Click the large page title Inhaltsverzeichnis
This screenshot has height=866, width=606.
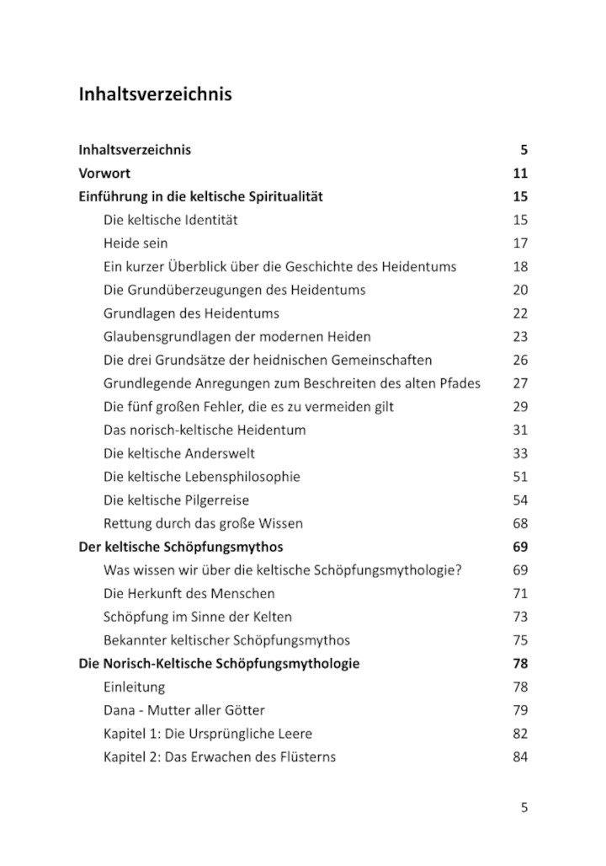point(155,94)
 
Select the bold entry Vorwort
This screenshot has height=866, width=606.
point(104,174)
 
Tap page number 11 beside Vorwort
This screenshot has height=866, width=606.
point(519,174)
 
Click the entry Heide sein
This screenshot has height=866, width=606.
point(136,243)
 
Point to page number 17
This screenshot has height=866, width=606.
point(519,243)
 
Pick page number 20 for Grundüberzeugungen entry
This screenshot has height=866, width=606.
point(519,290)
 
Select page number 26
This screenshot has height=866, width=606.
point(519,360)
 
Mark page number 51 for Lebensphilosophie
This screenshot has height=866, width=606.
point(519,477)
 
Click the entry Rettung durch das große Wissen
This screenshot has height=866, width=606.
point(203,523)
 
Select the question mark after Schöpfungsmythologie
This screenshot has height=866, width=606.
point(459,570)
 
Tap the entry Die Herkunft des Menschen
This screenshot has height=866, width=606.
point(189,593)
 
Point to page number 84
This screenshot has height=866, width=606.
point(519,756)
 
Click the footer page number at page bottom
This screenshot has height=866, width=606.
point(524,807)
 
